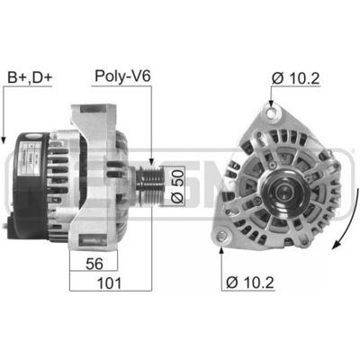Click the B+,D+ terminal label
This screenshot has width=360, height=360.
30,77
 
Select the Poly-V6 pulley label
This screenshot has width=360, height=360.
122,76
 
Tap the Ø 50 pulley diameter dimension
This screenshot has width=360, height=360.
177,186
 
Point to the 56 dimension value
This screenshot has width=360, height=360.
94,264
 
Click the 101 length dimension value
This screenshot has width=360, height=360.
110,283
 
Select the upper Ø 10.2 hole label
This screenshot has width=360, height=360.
295,78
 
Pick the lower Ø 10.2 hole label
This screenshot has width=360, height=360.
250,283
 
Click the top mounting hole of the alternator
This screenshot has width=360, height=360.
272,114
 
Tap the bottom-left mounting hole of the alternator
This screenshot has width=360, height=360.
222,236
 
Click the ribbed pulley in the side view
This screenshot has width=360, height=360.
149,183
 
